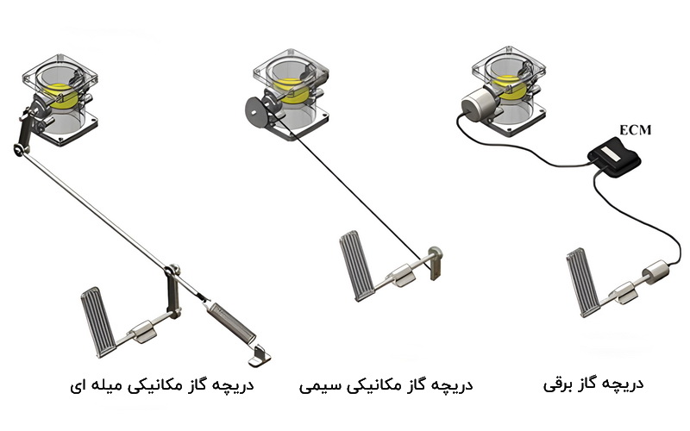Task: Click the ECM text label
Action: (635, 130)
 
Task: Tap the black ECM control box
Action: (614, 156)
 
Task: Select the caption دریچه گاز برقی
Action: (593, 384)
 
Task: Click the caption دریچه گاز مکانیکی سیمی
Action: (386, 384)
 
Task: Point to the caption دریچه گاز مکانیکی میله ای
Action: (162, 384)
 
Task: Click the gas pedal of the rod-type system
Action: (98, 320)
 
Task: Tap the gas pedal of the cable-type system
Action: (357, 265)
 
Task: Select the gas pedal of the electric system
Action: (583, 283)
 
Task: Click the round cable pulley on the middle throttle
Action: (254, 111)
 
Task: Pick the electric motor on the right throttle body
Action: (477, 103)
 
